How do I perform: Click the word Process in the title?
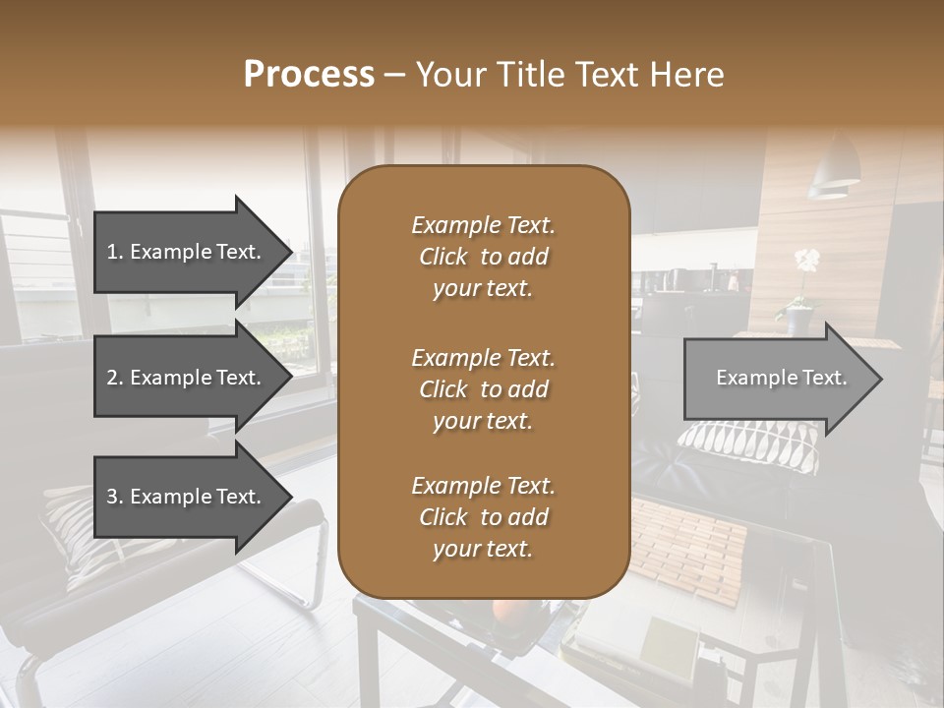[309, 75]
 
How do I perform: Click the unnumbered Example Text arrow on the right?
[782, 379]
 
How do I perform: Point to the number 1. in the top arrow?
[115, 252]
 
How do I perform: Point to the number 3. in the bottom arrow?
[115, 497]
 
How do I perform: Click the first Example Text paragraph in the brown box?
[483, 257]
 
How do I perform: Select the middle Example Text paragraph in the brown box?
[483, 389]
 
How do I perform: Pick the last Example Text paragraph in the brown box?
[483, 517]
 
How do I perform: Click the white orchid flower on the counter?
[806, 262]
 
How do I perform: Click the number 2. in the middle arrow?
[115, 378]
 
